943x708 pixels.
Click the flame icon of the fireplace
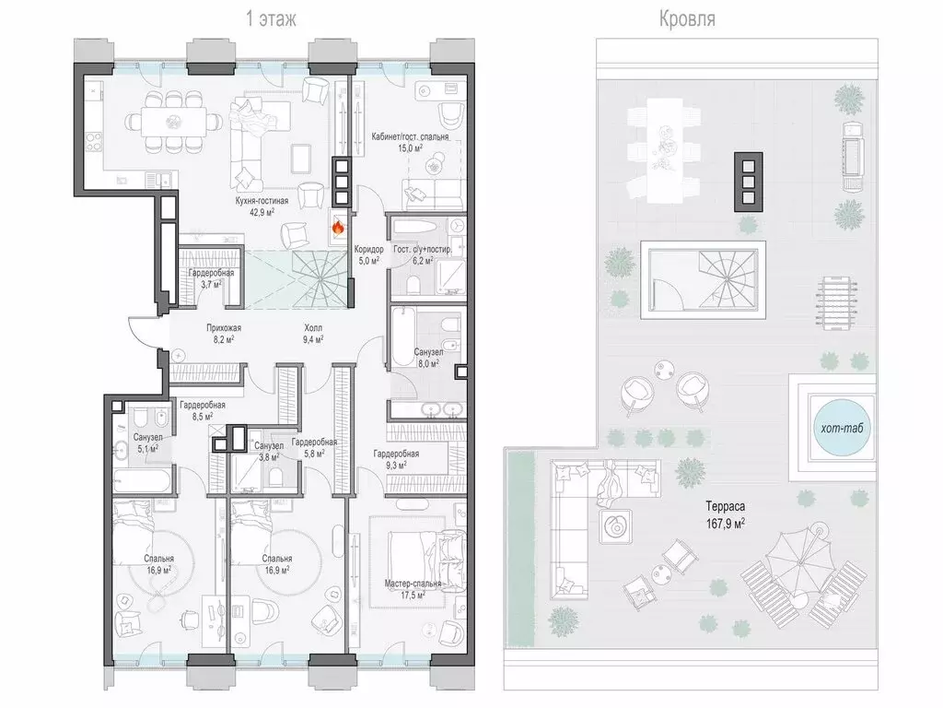338,227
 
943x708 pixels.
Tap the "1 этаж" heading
272,18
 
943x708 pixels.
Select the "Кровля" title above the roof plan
687,18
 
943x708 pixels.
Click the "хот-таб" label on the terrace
842,428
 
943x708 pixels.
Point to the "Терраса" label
726,506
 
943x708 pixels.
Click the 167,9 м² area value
726,524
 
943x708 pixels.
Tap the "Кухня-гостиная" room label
262,200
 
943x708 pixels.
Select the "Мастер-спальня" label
413,584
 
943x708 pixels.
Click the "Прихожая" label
224,328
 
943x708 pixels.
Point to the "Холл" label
313,328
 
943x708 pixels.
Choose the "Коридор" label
368,249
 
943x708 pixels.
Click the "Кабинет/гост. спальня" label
410,136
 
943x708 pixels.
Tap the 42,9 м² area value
262,212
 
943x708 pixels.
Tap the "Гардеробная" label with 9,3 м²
396,454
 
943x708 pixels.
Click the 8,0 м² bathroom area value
428,363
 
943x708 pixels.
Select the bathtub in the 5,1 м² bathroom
142,481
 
